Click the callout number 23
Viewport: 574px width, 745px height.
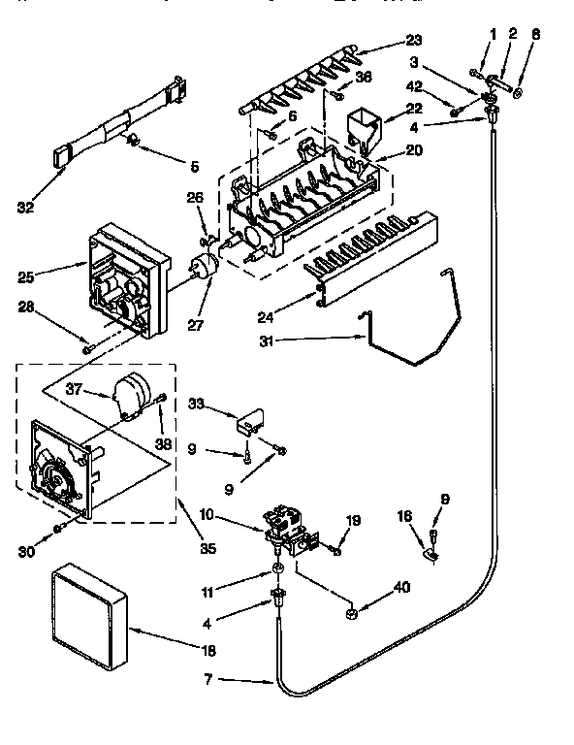414,41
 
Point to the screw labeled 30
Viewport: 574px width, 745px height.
58,527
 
